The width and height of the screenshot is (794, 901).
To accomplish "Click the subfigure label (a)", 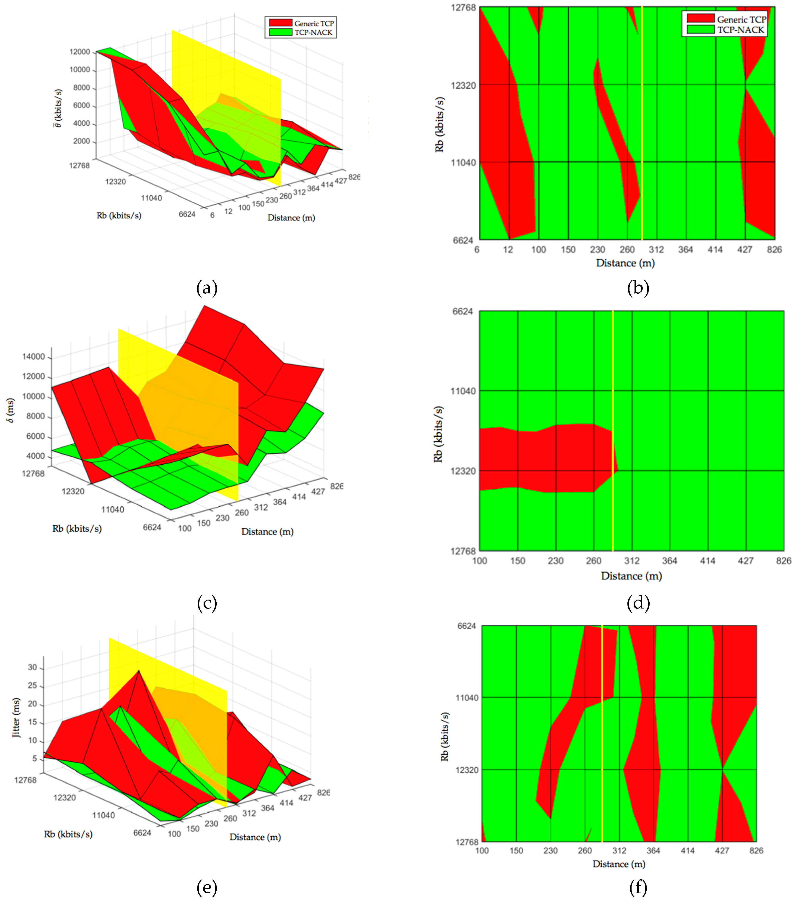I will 207,288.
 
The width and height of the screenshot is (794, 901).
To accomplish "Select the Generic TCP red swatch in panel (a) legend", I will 281,23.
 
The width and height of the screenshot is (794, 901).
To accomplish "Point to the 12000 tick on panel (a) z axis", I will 80,52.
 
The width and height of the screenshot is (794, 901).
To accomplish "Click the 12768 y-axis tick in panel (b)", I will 463,8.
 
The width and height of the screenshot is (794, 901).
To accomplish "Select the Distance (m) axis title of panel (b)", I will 625,263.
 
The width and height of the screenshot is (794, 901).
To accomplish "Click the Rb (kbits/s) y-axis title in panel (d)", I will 438,434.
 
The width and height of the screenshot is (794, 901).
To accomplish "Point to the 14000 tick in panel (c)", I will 34,357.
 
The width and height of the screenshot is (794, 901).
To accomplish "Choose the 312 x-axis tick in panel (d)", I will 632,561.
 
